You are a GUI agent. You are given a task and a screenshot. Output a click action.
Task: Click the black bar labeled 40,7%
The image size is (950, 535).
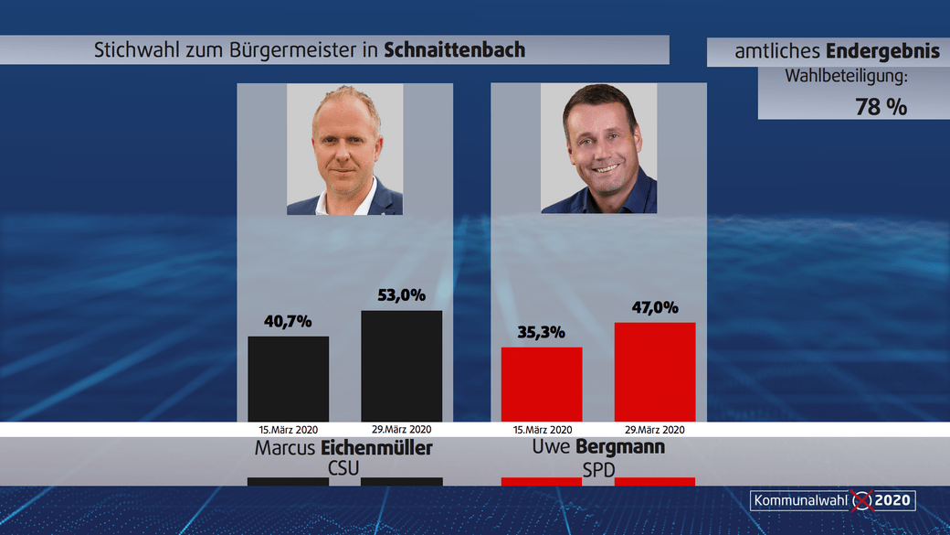pyautogui.click(x=289, y=378)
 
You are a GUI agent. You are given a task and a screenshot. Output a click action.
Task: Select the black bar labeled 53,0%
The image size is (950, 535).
pyautogui.click(x=402, y=366)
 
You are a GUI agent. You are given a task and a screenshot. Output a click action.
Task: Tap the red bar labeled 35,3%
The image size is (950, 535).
pyautogui.click(x=542, y=384)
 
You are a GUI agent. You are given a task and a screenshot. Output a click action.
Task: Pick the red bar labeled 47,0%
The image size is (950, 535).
pyautogui.click(x=655, y=371)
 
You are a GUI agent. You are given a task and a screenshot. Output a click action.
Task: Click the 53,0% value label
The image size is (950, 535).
pyautogui.click(x=402, y=295)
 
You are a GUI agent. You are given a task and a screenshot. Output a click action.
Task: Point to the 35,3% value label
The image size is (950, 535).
pyautogui.click(x=542, y=332)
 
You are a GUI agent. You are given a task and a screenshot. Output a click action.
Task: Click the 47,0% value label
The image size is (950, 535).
pyautogui.click(x=655, y=307)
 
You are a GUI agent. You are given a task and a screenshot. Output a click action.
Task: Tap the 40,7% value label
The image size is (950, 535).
pyautogui.click(x=289, y=321)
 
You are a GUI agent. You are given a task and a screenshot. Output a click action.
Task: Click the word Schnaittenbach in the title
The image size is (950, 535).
pyautogui.click(x=454, y=50)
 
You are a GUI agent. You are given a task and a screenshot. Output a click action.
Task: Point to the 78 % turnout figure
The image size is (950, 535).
pyautogui.click(x=881, y=106)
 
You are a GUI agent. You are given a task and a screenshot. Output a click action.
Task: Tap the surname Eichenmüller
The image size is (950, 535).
pyautogui.click(x=376, y=448)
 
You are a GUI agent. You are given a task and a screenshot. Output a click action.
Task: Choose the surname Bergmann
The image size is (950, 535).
pyautogui.click(x=620, y=447)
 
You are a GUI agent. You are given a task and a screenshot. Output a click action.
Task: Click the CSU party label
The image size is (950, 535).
pyautogui.click(x=343, y=468)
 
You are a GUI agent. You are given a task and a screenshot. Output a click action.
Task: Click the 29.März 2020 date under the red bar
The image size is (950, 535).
pyautogui.click(x=655, y=429)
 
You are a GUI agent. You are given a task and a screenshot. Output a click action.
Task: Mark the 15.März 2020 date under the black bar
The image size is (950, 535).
pyautogui.click(x=289, y=429)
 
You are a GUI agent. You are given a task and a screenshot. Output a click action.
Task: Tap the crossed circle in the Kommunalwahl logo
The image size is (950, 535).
pyautogui.click(x=861, y=500)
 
